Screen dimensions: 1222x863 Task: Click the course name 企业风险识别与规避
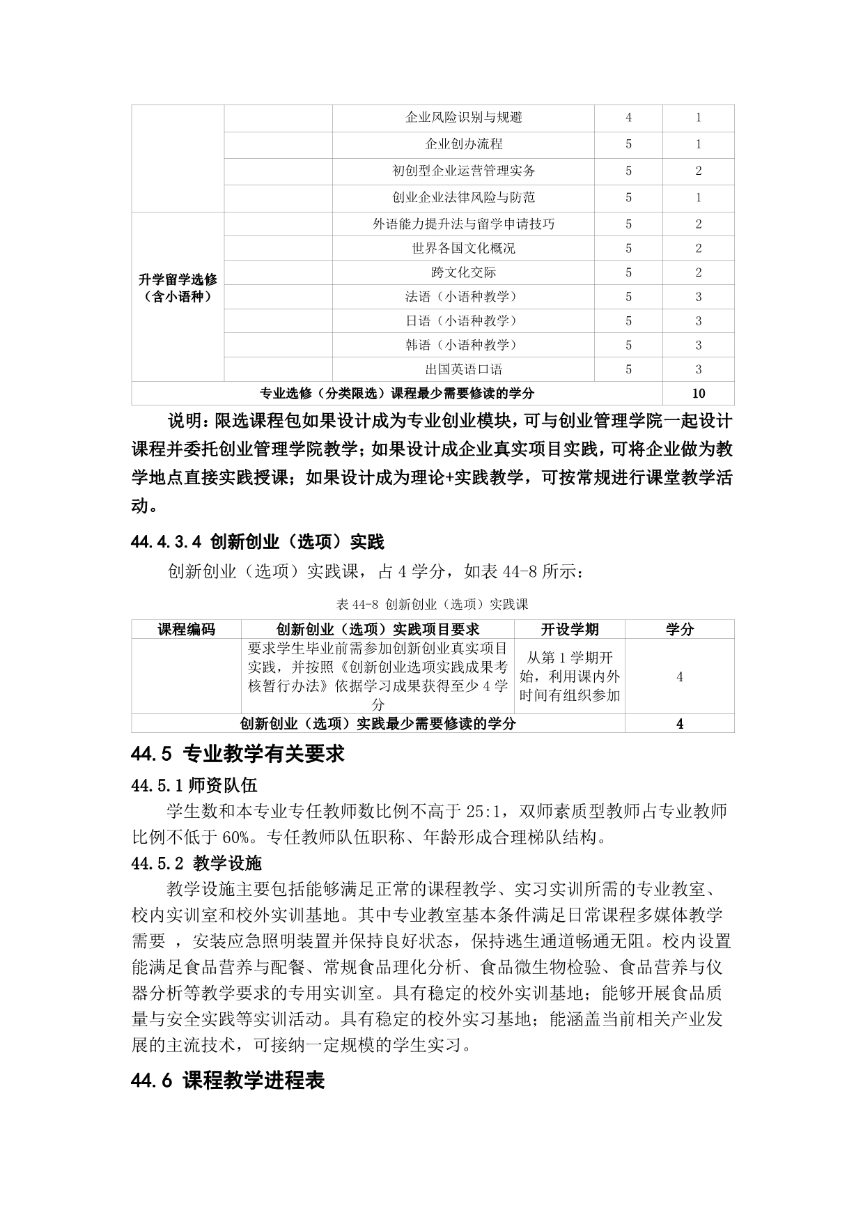(463, 118)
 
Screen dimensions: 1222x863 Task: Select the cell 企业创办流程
(463, 144)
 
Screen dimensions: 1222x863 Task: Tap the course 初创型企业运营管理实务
(463, 171)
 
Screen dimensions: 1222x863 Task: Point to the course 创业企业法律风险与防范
(463, 197)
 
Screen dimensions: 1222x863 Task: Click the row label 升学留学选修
(178, 280)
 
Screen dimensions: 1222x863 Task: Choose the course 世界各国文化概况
(463, 248)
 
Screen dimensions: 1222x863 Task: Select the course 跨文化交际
(463, 272)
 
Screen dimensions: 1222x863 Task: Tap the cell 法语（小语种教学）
(463, 297)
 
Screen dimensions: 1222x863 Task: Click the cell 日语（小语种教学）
(463, 321)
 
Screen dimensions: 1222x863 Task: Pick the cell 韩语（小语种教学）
(463, 345)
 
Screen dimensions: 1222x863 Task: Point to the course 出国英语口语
(463, 369)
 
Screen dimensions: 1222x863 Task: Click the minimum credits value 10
(698, 393)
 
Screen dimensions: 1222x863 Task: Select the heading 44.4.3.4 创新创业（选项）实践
(257, 541)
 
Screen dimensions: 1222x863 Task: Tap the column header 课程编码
(186, 629)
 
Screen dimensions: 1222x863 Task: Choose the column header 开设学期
(570, 629)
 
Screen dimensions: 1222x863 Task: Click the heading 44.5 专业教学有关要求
(238, 754)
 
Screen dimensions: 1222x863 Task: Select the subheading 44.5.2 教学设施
(196, 864)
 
